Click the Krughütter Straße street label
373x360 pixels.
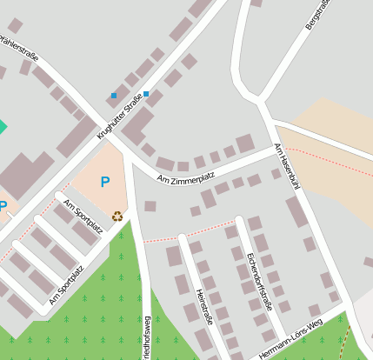point(119,119)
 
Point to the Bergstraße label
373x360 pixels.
point(318,16)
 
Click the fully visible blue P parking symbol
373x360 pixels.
point(105,183)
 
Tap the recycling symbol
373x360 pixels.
point(117,216)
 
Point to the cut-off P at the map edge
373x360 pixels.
point(3,207)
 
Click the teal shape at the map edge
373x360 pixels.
point(2,127)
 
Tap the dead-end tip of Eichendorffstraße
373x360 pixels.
point(239,218)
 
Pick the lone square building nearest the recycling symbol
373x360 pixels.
point(150,206)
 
